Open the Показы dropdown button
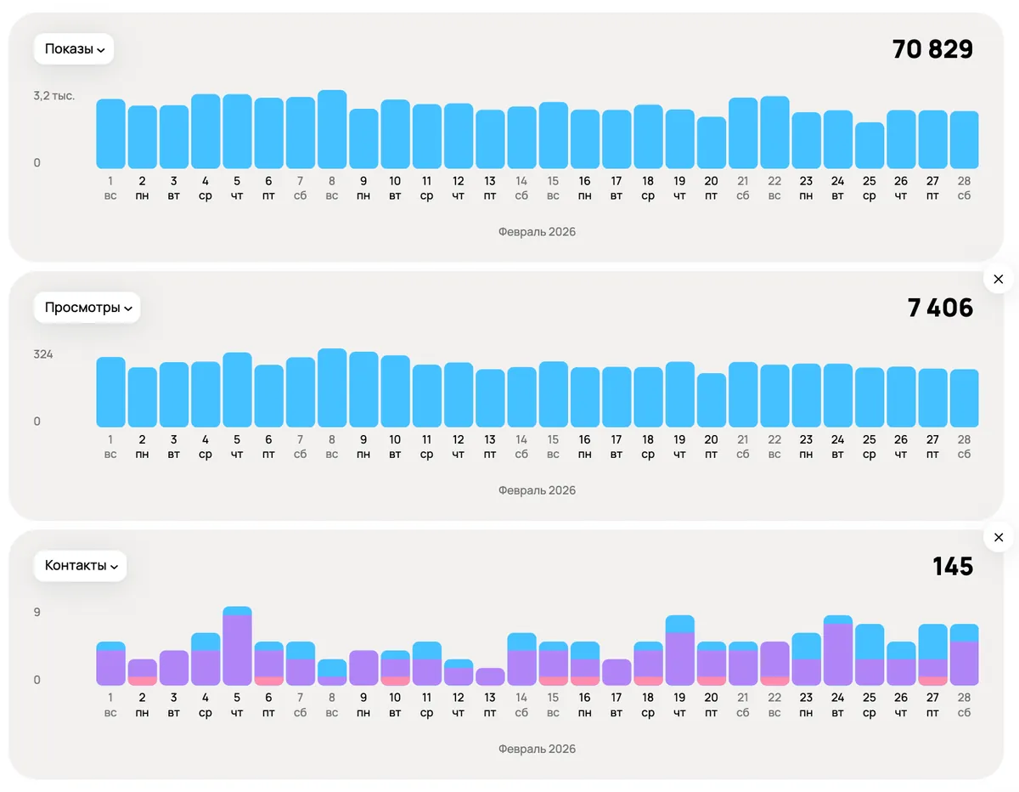74,48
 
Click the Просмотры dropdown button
87,308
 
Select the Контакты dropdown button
80,566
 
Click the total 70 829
932,49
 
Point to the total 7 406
940,308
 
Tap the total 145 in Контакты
953,566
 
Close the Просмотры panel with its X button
999,280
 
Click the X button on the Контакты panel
999,537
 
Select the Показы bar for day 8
332,129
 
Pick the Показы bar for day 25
870,145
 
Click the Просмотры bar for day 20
712,400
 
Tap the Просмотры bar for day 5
237,390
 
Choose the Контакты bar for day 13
490,676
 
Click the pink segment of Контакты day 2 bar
143,681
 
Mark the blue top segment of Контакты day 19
680,624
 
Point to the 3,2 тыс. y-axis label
54,96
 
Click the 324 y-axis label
43,354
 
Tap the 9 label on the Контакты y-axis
37,613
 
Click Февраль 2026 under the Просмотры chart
537,490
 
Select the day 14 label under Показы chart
521,188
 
